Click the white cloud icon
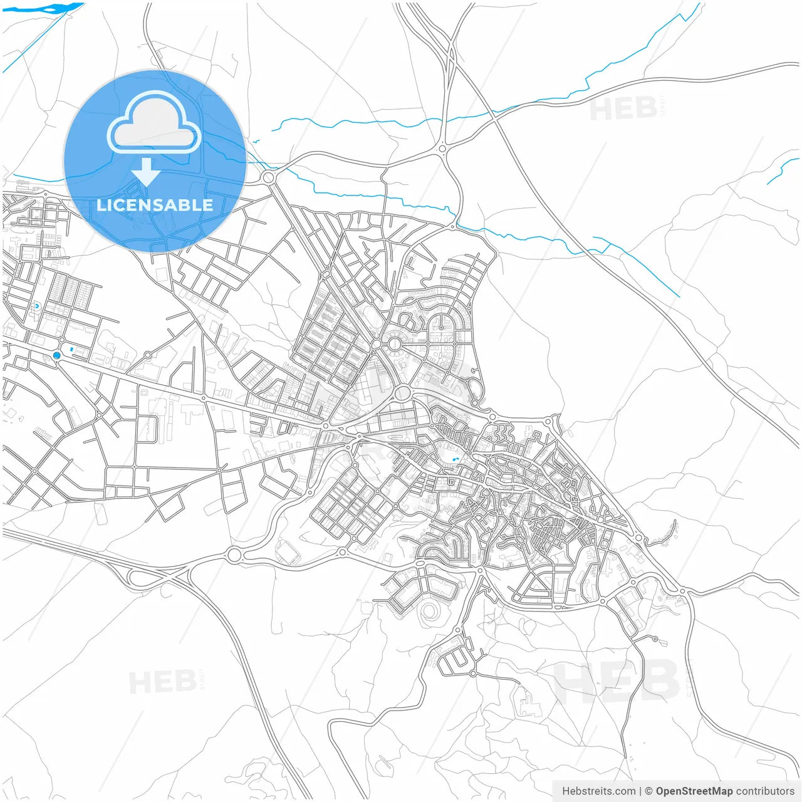154,122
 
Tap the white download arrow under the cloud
147,172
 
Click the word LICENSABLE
155,205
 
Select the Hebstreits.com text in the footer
599,791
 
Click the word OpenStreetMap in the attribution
694,791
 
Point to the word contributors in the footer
765,791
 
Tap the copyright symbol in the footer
649,791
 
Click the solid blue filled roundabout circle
57,355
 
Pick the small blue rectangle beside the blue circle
71,349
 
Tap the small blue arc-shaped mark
37,306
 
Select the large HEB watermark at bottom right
617,680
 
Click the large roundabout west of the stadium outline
234,555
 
